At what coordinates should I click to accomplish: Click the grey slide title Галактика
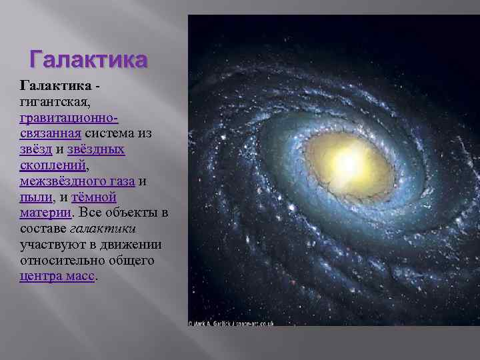(x=87, y=59)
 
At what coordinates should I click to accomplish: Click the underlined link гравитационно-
(x=69, y=117)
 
